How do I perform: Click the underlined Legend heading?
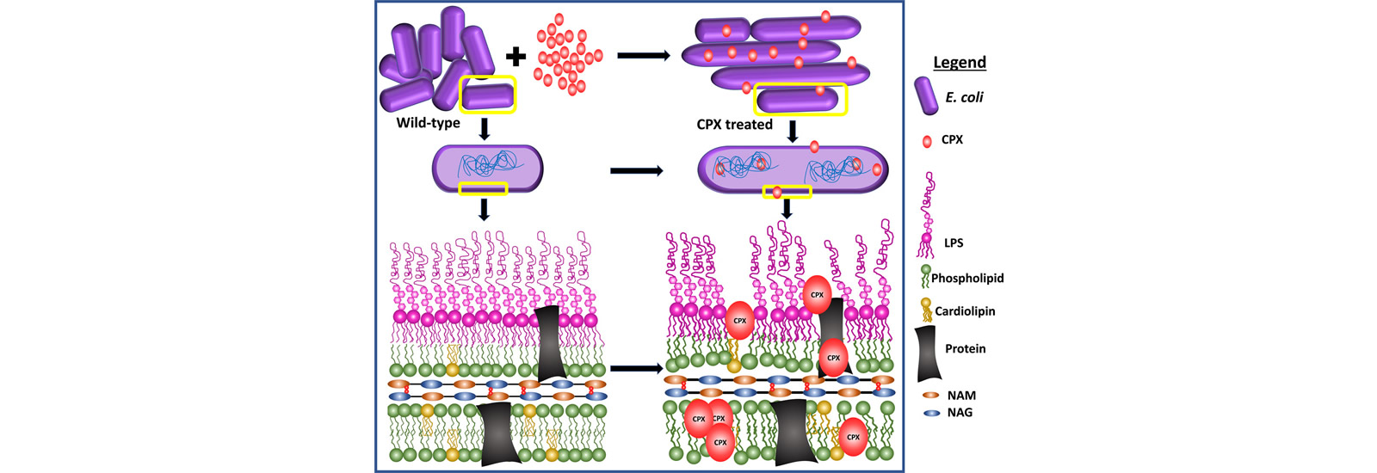960,62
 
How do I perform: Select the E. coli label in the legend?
964,97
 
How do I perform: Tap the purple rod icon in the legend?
925,95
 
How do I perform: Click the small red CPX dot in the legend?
926,141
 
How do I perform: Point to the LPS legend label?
953,243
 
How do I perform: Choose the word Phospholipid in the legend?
967,278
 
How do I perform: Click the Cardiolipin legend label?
965,311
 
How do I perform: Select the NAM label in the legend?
961,396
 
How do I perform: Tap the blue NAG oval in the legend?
930,413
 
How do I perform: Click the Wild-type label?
428,123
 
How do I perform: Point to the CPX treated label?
734,125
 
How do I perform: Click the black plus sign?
515,57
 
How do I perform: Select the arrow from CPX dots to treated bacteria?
643,56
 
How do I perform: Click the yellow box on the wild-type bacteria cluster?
488,95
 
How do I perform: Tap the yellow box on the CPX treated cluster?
800,99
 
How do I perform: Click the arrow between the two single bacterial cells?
636,171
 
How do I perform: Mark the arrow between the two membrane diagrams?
636,368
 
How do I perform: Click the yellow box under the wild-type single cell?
483,188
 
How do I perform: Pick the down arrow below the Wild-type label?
484,129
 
